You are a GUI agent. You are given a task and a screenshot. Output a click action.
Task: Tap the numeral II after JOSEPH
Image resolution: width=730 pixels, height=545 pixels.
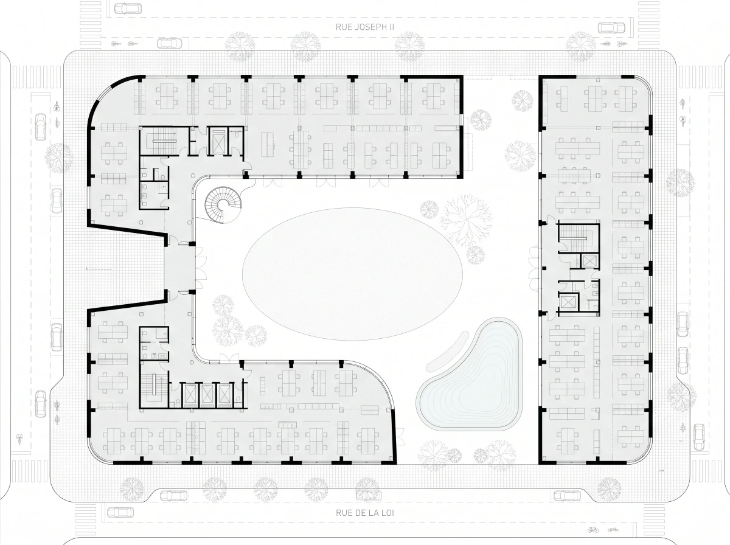tap(391, 27)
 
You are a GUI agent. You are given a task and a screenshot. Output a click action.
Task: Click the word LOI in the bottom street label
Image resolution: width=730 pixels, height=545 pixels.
tap(388, 512)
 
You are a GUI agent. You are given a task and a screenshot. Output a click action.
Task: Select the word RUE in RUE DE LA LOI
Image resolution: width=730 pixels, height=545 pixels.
tap(342, 512)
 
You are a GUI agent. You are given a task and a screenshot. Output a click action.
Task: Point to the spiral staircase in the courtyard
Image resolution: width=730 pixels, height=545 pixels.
tap(222, 204)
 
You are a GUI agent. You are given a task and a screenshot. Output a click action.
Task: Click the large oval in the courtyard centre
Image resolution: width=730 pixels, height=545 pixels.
tap(352, 274)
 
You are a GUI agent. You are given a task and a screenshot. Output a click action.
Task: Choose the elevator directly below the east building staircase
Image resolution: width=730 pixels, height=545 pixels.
tap(589, 260)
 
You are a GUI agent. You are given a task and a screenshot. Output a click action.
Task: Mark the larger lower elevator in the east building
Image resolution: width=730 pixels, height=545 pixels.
tap(569, 302)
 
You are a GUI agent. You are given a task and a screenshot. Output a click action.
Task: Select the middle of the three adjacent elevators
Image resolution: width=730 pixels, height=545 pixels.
tap(207, 395)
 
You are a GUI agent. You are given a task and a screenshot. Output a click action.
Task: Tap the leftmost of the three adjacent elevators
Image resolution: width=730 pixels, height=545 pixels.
tap(190, 395)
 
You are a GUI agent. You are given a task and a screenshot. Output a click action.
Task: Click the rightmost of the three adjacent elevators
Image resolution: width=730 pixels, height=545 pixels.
tap(224, 395)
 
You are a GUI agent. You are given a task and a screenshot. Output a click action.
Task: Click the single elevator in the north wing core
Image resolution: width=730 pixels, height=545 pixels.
tap(218, 142)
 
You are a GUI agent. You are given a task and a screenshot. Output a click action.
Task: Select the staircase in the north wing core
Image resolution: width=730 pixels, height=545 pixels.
tap(164, 141)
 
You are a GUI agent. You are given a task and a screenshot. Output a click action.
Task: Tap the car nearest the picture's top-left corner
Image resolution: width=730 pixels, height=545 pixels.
tap(128, 9)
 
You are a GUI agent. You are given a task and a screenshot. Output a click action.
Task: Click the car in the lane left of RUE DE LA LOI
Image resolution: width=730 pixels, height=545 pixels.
tap(120, 512)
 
